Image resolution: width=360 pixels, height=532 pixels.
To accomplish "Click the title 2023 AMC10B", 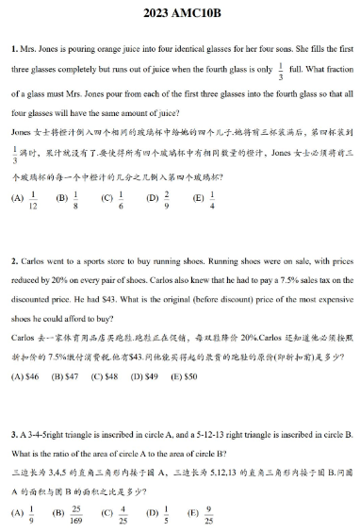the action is [x=179, y=15].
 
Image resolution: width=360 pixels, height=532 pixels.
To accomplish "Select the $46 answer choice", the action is [x=24, y=375].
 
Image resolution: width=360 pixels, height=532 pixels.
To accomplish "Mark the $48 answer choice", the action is [x=104, y=375].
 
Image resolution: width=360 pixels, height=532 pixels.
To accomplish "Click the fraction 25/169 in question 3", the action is [x=74, y=514].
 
